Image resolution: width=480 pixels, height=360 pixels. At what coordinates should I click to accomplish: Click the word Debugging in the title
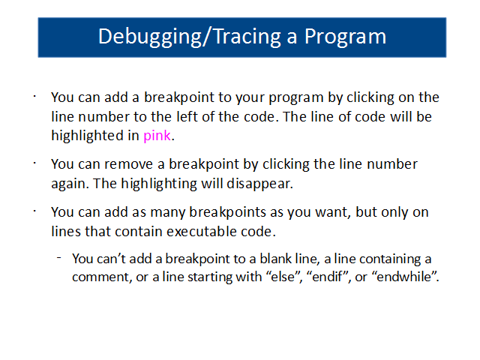[150, 37]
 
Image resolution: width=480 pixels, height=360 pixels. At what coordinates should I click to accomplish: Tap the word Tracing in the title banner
[247, 37]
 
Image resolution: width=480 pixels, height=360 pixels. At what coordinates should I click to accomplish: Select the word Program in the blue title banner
[345, 37]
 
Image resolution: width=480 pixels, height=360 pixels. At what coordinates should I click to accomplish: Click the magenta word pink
[157, 135]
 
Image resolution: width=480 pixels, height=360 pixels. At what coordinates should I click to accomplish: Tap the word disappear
[259, 184]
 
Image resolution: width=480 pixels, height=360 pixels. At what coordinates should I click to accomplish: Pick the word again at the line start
[70, 184]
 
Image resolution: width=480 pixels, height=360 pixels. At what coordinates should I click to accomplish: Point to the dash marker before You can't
[59, 258]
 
